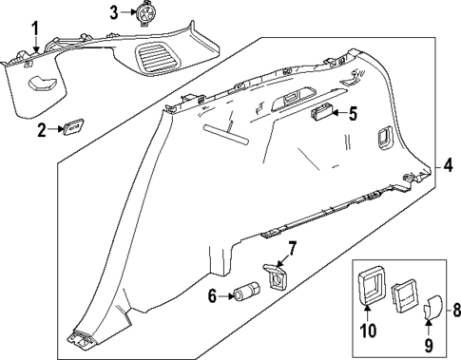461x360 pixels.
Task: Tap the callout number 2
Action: pyautogui.click(x=40, y=130)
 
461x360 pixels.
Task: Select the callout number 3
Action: pyautogui.click(x=113, y=12)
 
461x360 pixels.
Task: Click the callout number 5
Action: pyautogui.click(x=353, y=114)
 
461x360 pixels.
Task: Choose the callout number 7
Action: pyautogui.click(x=292, y=249)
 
